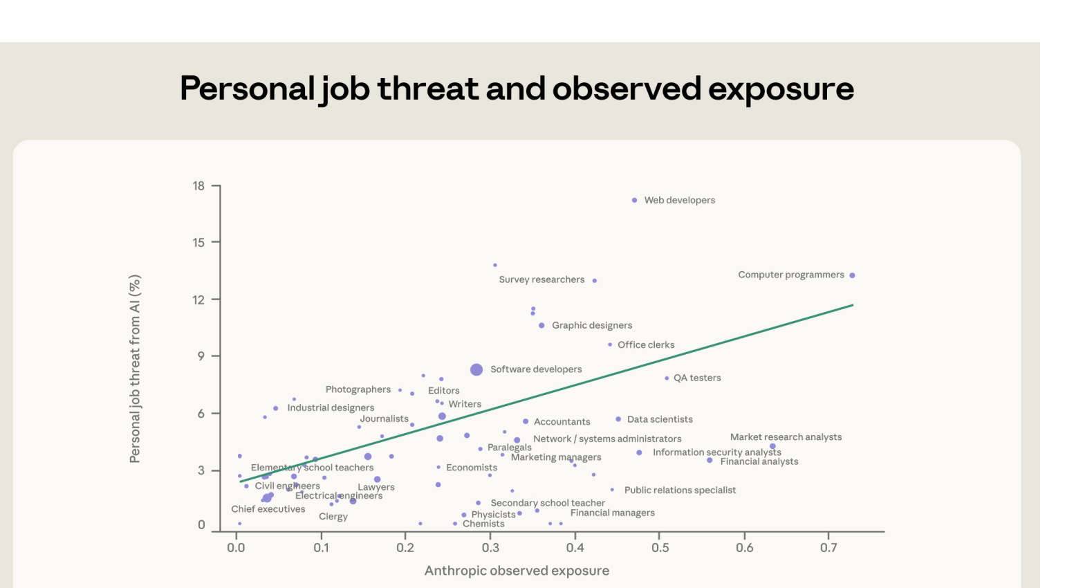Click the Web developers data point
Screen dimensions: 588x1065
coord(634,201)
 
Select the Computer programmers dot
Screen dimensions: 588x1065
coord(852,275)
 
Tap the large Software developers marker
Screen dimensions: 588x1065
coord(476,370)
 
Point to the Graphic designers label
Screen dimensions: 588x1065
coord(591,325)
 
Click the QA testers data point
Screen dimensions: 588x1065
coord(667,378)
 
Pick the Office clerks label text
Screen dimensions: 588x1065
coord(645,344)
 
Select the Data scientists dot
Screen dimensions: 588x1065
coord(618,419)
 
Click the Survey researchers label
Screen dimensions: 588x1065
coord(541,279)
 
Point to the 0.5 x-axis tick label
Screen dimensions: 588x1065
coord(660,548)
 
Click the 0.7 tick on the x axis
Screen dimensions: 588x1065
coord(828,548)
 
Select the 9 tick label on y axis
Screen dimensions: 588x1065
coord(201,356)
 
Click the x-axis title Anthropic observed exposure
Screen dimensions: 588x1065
coord(517,571)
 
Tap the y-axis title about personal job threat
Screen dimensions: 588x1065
coord(135,369)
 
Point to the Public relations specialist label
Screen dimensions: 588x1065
coord(680,490)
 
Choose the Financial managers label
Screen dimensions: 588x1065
coord(612,513)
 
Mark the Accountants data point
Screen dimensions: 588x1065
coord(526,421)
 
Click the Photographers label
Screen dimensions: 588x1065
coord(358,389)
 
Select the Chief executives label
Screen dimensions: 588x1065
coord(268,509)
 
